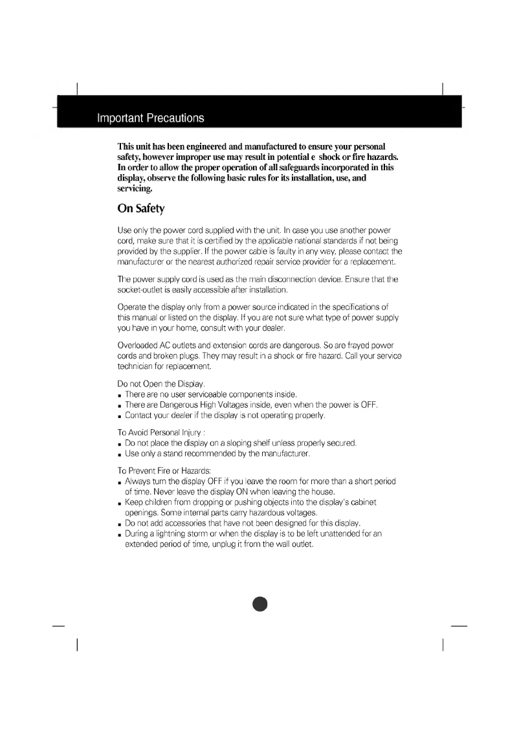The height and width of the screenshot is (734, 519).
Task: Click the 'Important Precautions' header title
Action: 150,118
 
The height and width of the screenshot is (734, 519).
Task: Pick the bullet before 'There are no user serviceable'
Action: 120,395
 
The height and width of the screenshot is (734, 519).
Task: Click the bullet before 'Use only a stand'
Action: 120,454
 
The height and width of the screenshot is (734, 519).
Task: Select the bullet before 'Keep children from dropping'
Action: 120,503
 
